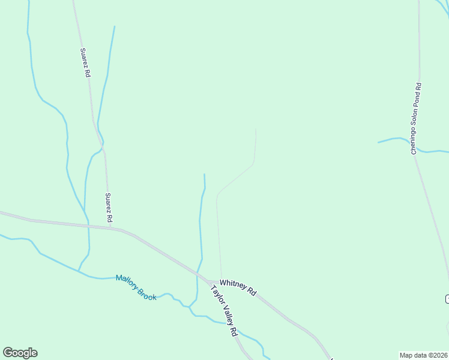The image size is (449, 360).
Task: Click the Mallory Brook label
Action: tap(136, 286)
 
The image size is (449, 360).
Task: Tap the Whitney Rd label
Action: tap(238, 287)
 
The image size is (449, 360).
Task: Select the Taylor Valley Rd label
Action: tap(223, 310)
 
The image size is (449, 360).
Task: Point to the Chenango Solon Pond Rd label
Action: tap(417, 119)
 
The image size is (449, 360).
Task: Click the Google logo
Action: tap(20, 353)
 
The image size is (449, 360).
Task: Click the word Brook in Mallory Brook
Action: tap(146, 292)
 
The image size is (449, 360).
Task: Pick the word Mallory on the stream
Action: tap(127, 281)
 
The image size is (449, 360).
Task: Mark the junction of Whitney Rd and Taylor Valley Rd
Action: tap(208, 281)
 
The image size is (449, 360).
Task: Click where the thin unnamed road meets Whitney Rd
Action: tap(221, 280)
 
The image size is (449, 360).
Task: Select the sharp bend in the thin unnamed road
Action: tap(217, 194)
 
